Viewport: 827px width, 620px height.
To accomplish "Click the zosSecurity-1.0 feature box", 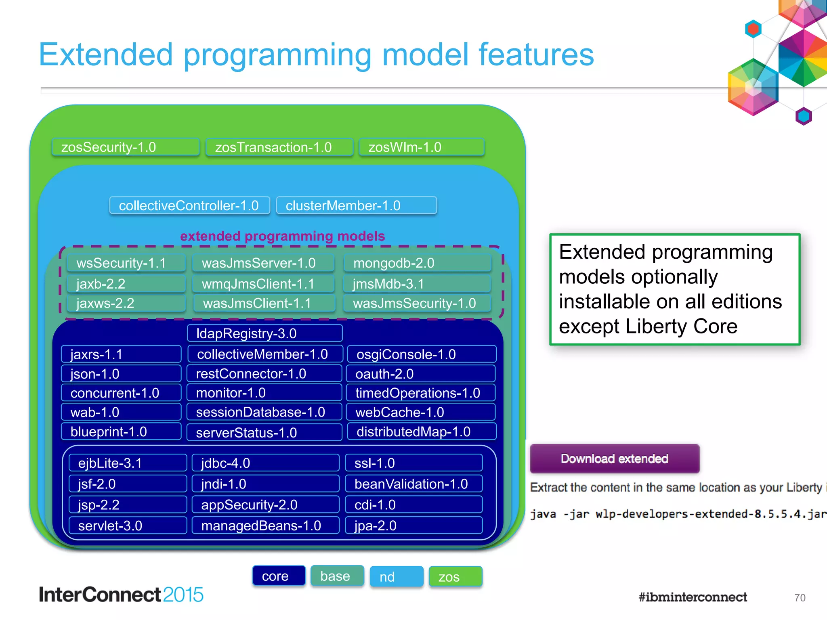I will [x=126, y=147].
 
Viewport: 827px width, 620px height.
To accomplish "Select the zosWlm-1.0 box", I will [x=421, y=147].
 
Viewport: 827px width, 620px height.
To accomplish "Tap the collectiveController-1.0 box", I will [x=189, y=205].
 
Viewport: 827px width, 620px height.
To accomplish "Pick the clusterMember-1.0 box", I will [x=356, y=205].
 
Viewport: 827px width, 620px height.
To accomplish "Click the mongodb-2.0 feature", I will [x=417, y=263].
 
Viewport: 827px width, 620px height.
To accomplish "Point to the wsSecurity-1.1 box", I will [x=126, y=263].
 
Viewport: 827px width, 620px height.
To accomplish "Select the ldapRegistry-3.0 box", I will [x=265, y=333].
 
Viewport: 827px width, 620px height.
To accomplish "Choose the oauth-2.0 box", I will [x=421, y=374].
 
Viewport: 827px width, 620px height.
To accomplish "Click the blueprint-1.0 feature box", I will [x=121, y=432].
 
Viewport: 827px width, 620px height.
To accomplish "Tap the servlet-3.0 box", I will [x=128, y=526].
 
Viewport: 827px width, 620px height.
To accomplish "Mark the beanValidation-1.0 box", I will [x=414, y=484].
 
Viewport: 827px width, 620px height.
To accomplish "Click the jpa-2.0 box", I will [x=414, y=526].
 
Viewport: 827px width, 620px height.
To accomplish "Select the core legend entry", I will [x=279, y=576].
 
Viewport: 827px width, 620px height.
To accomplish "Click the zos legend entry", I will [x=455, y=577].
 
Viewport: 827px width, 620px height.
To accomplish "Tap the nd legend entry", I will [x=396, y=577].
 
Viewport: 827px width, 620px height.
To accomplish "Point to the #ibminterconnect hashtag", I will [x=693, y=597].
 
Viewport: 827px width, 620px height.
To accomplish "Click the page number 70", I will [x=800, y=598].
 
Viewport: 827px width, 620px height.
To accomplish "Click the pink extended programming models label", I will [x=282, y=236].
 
